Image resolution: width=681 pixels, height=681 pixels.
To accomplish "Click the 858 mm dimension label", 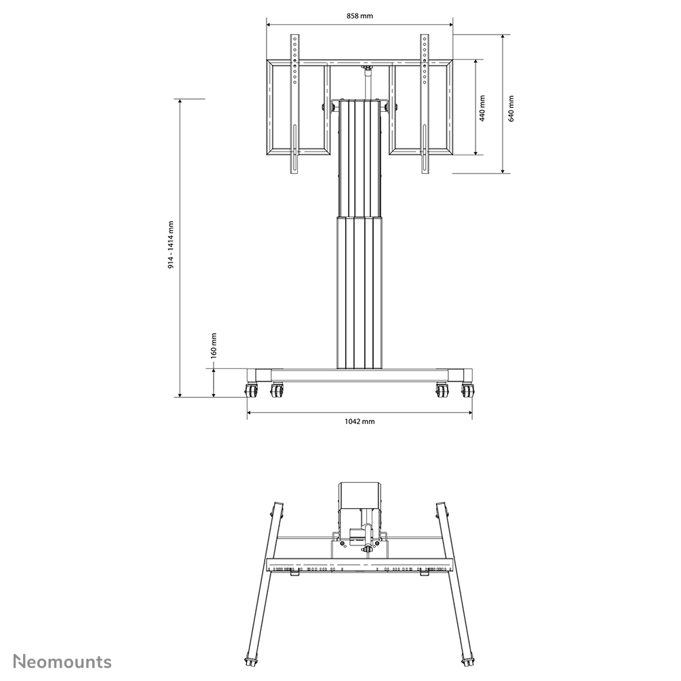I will pos(359,15).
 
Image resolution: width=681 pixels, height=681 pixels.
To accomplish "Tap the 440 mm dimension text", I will pos(482,108).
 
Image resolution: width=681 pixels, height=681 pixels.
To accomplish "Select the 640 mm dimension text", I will pos(511,108).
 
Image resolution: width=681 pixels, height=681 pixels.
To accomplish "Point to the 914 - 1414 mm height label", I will pos(172,245).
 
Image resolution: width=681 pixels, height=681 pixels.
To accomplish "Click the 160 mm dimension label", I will pos(213,345).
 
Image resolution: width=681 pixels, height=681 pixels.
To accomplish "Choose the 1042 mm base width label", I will pos(359,421).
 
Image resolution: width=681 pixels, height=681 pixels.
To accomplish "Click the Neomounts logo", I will pos(63,661).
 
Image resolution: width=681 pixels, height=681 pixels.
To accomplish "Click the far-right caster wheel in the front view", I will pos(467,391).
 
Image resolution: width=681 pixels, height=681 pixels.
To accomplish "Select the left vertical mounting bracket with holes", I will pos(294,102).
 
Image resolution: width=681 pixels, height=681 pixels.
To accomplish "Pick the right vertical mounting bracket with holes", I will pos(425,102).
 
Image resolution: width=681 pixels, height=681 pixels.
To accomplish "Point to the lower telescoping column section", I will pos(359,292).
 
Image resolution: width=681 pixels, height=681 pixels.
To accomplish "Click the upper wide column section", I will pos(359,156).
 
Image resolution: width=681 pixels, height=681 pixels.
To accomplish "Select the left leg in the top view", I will pos(266,583).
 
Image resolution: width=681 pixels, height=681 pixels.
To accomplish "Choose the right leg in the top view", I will pos(453,583).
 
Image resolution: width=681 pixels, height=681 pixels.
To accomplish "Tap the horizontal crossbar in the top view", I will pos(359,564).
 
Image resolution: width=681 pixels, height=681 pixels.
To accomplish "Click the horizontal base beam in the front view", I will pos(359,374).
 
